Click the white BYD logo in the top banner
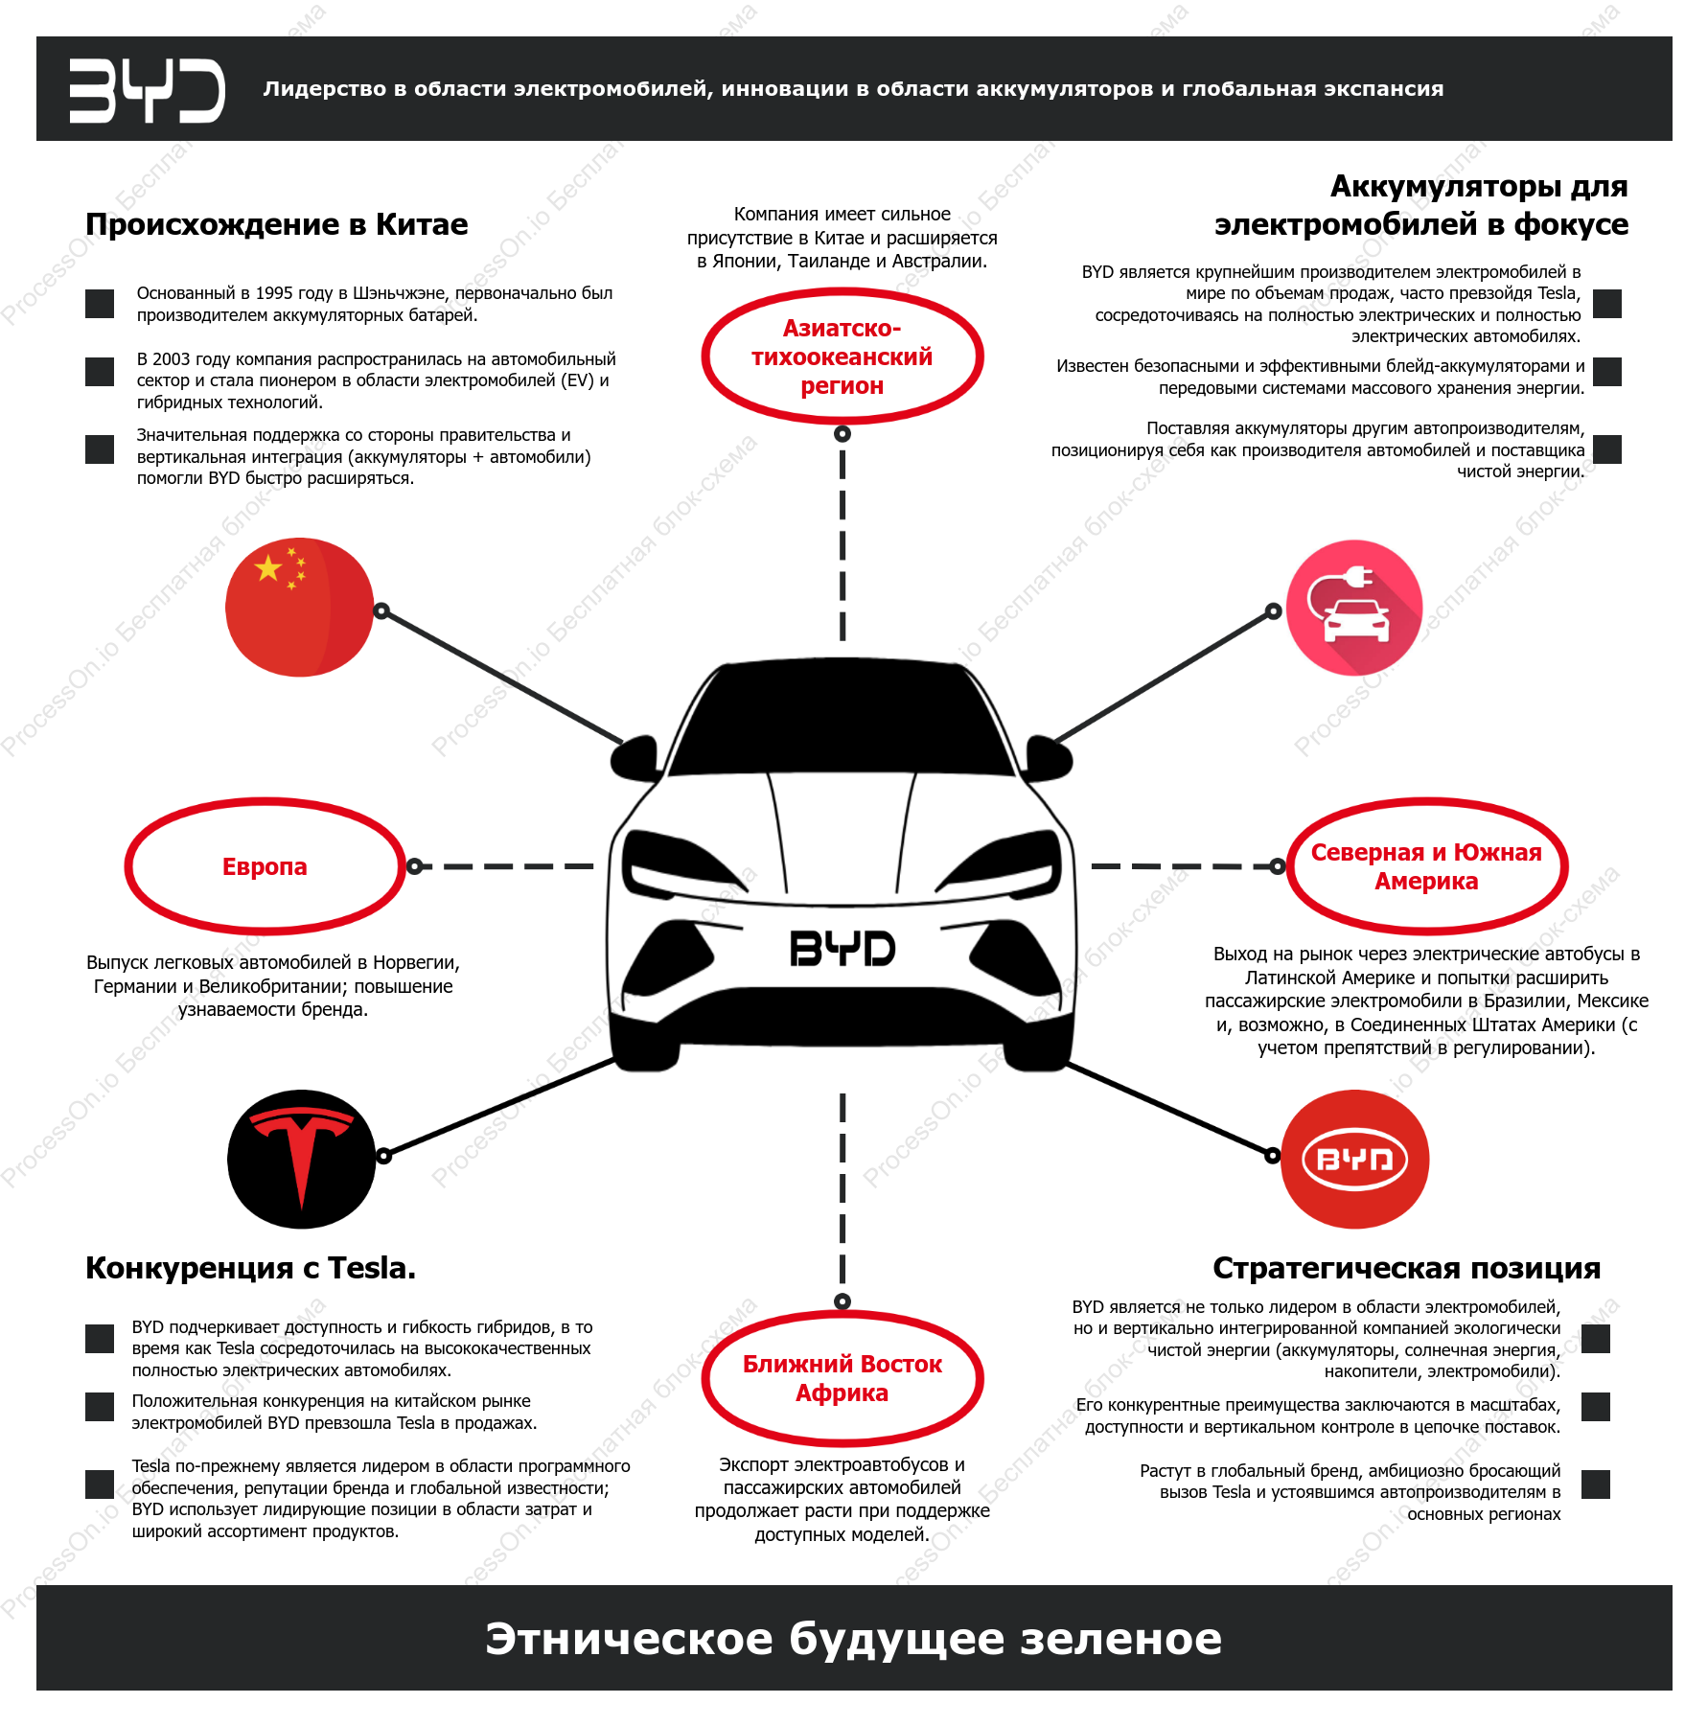click(147, 90)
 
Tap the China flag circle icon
click(299, 608)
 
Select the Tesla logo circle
click(302, 1159)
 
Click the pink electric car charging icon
click(1353, 608)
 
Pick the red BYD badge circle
click(1354, 1159)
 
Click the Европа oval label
click(265, 866)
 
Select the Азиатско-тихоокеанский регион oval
click(842, 357)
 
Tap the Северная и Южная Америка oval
click(1426, 866)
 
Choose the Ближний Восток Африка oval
click(842, 1378)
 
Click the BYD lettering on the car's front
click(842, 948)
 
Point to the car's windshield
click(842, 720)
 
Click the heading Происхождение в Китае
click(277, 224)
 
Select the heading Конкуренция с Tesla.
click(251, 1268)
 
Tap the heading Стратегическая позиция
click(1406, 1268)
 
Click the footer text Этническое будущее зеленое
click(853, 1638)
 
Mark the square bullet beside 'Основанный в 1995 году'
click(100, 304)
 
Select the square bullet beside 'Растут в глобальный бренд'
click(1596, 1484)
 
